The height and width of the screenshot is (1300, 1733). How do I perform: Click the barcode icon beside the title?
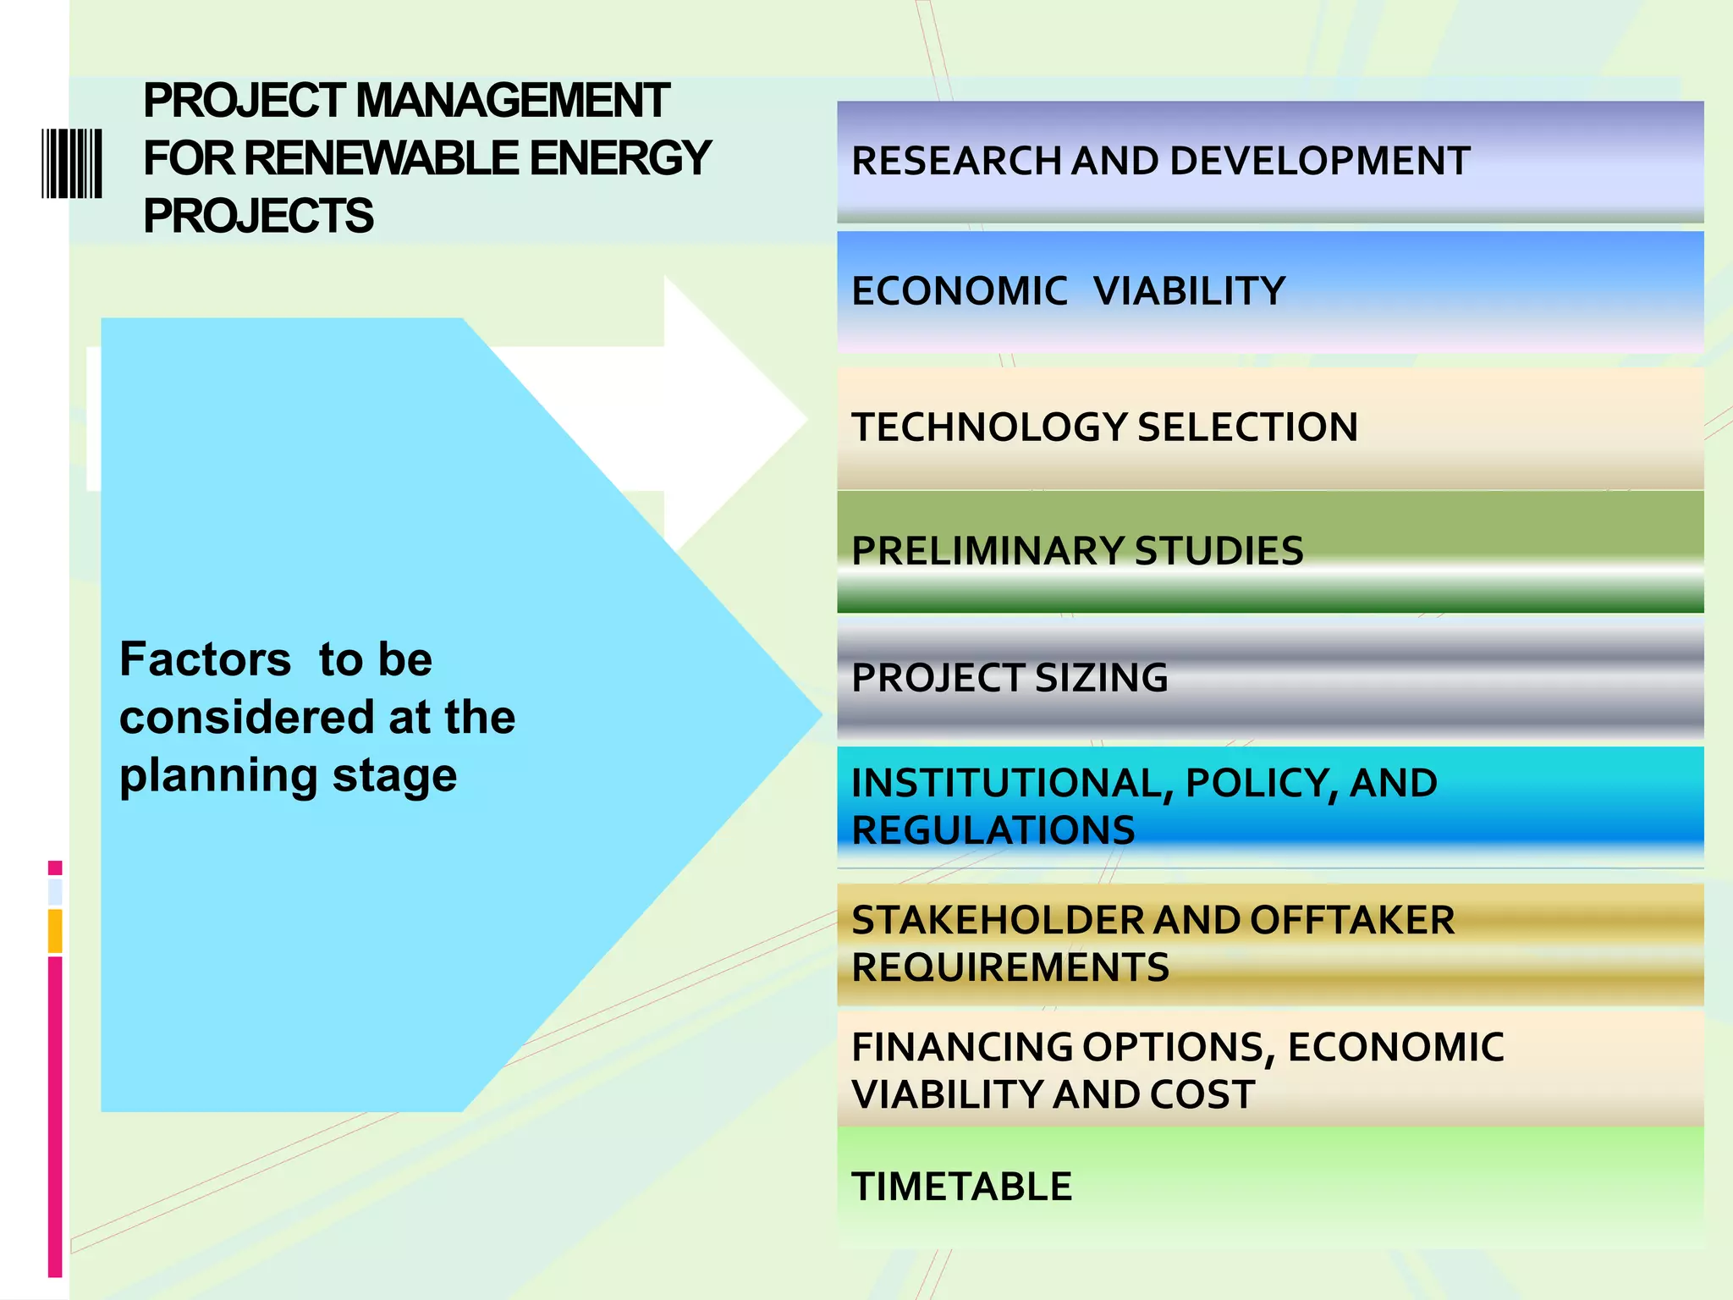tap(72, 163)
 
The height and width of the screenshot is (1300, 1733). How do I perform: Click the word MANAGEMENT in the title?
tap(512, 101)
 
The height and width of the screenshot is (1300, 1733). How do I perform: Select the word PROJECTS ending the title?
tap(258, 216)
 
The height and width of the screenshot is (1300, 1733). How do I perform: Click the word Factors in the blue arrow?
tap(205, 659)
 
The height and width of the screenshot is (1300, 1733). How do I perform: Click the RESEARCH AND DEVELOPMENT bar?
tap(1160, 161)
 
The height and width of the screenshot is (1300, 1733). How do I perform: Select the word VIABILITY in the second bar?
tap(1189, 291)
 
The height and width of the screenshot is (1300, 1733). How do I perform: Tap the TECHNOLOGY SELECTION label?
tap(1104, 427)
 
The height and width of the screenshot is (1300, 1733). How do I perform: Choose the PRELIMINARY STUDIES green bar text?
tap(1077, 551)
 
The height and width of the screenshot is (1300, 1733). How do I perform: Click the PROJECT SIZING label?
tap(1010, 678)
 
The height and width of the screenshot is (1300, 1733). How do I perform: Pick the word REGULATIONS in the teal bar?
tap(993, 830)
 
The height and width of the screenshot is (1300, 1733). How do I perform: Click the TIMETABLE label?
tap(961, 1187)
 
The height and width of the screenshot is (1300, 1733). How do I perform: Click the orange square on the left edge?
tap(55, 930)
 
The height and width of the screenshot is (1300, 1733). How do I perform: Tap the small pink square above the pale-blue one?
tap(55, 868)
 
